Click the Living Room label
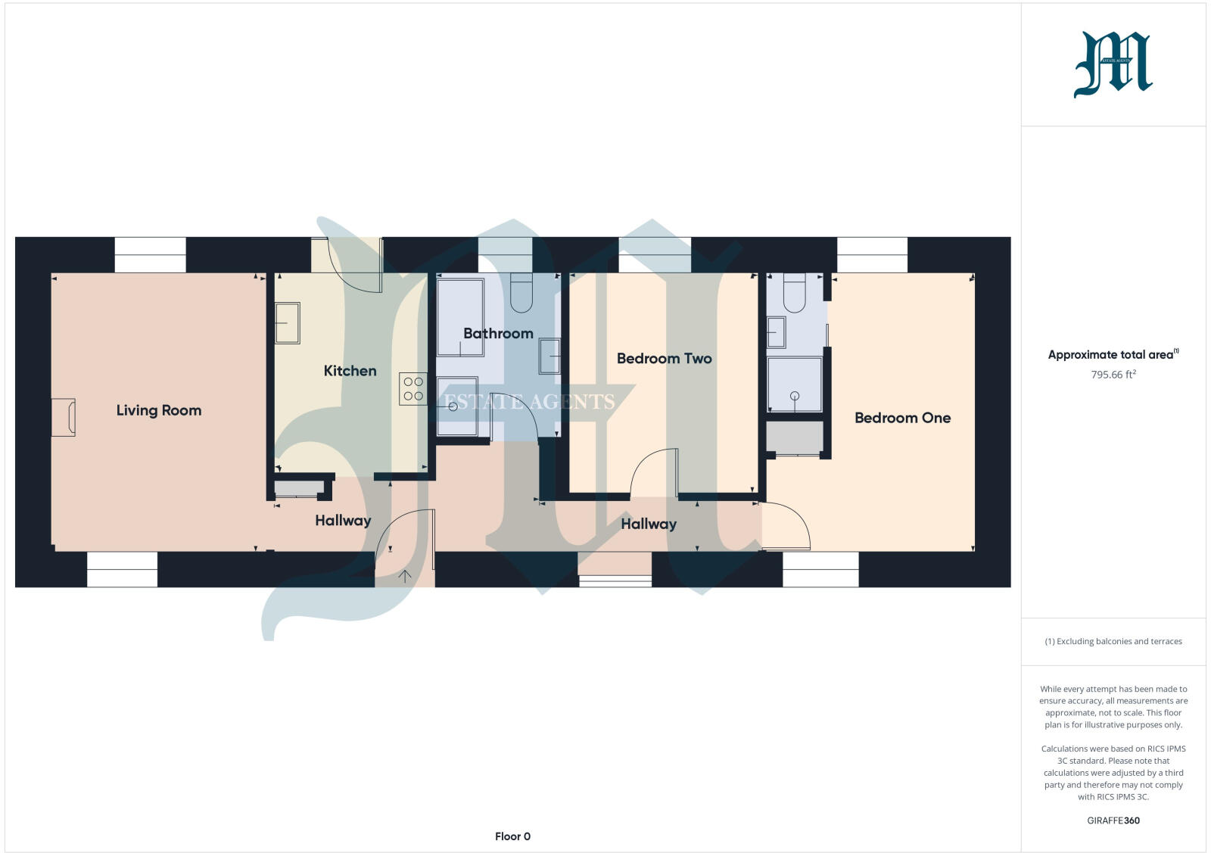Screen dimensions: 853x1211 159,410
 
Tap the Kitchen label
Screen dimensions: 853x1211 350,371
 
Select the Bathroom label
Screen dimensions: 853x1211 498,334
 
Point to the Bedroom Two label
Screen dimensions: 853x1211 664,359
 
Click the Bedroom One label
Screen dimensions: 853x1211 902,418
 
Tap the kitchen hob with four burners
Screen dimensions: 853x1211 413,389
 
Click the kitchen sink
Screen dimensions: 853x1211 287,323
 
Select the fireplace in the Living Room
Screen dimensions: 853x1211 64,417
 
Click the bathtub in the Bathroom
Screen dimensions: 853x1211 460,318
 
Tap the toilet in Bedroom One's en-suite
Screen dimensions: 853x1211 794,293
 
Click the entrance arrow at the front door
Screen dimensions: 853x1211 405,577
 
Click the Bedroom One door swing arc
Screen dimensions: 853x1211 787,526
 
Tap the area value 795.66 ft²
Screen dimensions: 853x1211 1113,375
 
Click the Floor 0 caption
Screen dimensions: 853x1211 512,836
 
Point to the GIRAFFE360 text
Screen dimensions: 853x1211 1113,820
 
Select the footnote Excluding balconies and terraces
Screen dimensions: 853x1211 1113,642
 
